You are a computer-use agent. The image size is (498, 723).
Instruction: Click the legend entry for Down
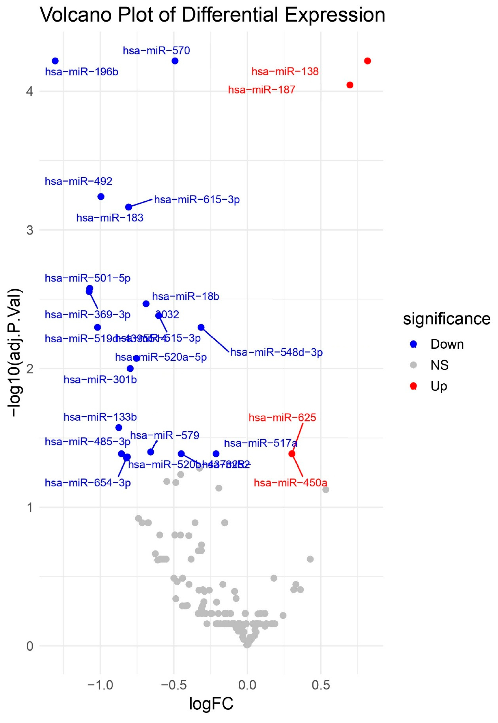coord(447,344)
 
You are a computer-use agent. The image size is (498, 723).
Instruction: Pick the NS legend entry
coord(439,365)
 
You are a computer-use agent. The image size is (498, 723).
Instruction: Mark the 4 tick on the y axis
coord(30,91)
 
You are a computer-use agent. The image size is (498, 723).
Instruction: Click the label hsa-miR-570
coord(156,51)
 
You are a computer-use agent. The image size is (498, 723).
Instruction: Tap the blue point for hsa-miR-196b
coord(55,61)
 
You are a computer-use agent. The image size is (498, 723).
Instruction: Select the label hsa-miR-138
coord(285,71)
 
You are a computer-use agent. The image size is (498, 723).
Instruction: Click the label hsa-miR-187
coord(261,90)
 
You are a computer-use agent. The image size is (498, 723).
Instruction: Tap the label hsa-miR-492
coord(79,181)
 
